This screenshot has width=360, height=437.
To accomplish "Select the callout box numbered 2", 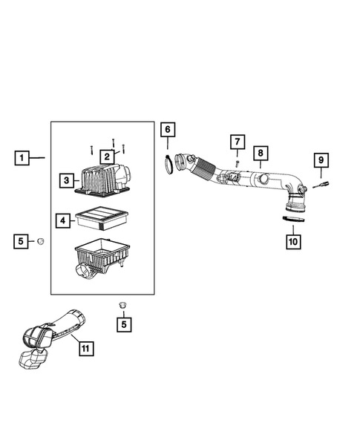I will pyautogui.click(x=107, y=156).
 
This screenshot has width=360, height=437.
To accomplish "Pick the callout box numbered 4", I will pyautogui.click(x=64, y=220).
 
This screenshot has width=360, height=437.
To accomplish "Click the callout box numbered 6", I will pyautogui.click(x=168, y=130).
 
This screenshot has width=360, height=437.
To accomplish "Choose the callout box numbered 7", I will pyautogui.click(x=237, y=142).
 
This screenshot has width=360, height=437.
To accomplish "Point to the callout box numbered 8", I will pyautogui.click(x=261, y=153).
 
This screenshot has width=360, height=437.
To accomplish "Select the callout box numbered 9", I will pyautogui.click(x=321, y=160).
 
